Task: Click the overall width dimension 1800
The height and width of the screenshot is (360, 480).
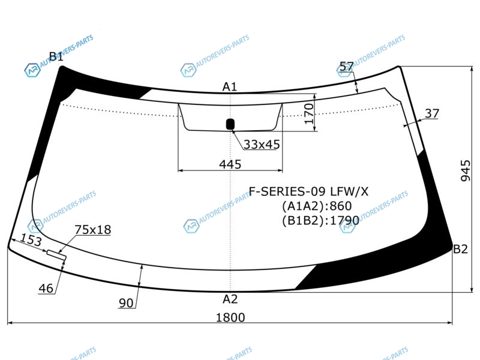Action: pyautogui.click(x=230, y=317)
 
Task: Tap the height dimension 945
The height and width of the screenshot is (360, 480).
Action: pyautogui.click(x=466, y=170)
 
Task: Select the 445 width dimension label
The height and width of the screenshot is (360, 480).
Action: pyautogui.click(x=230, y=164)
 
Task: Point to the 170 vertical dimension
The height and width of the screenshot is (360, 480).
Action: pyautogui.click(x=309, y=113)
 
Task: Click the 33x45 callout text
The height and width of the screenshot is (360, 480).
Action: pyautogui.click(x=262, y=145)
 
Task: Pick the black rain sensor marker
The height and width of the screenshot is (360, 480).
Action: pyautogui.click(x=230, y=124)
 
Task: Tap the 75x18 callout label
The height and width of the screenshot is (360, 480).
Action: pyautogui.click(x=93, y=230)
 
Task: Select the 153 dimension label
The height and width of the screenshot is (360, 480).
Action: pyautogui.click(x=31, y=239)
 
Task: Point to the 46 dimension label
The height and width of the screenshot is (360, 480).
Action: pyautogui.click(x=46, y=289)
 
